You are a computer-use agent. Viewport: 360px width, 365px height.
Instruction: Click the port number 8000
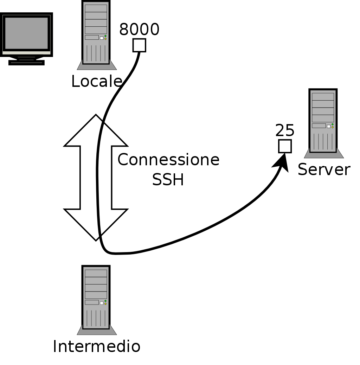tap(139, 30)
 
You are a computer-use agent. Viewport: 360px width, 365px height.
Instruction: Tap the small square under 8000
tap(139, 45)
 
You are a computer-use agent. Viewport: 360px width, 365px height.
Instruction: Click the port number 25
tap(285, 131)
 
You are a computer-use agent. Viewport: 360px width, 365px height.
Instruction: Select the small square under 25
tap(285, 146)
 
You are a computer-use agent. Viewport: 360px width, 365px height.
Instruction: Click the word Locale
tap(97, 82)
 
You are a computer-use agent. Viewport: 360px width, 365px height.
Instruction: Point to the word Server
tap(324, 170)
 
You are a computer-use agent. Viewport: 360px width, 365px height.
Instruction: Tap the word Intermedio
tap(97, 346)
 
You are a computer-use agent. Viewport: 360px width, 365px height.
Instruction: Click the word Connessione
tap(168, 160)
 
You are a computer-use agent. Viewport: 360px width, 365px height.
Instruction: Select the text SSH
tap(168, 180)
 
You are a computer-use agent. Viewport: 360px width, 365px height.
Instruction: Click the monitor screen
tap(26, 33)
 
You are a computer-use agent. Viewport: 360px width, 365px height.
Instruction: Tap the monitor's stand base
tap(26, 63)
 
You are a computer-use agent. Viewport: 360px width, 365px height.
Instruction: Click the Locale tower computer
tap(96, 33)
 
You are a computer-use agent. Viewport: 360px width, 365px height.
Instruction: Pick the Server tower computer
tap(323, 121)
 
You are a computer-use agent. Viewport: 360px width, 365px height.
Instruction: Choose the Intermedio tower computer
tap(96, 298)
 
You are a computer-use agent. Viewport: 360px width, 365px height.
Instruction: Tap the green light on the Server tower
tap(332, 124)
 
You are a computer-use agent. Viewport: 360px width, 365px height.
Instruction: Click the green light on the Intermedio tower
tap(105, 301)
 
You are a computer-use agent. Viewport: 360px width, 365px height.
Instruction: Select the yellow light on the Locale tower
tap(105, 39)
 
